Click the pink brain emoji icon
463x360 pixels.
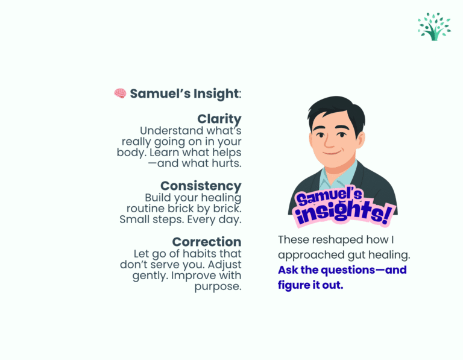[120, 93]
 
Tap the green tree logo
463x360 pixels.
[434, 27]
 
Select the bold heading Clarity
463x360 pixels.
[219, 119]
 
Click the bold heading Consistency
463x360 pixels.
[201, 186]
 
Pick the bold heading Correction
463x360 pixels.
[207, 242]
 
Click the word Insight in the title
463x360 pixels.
[216, 93]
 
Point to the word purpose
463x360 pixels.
[218, 286]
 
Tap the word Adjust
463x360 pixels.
[224, 265]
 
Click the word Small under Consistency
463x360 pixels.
[134, 219]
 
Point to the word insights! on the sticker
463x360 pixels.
[345, 213]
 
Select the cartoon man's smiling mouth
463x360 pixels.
[332, 153]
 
